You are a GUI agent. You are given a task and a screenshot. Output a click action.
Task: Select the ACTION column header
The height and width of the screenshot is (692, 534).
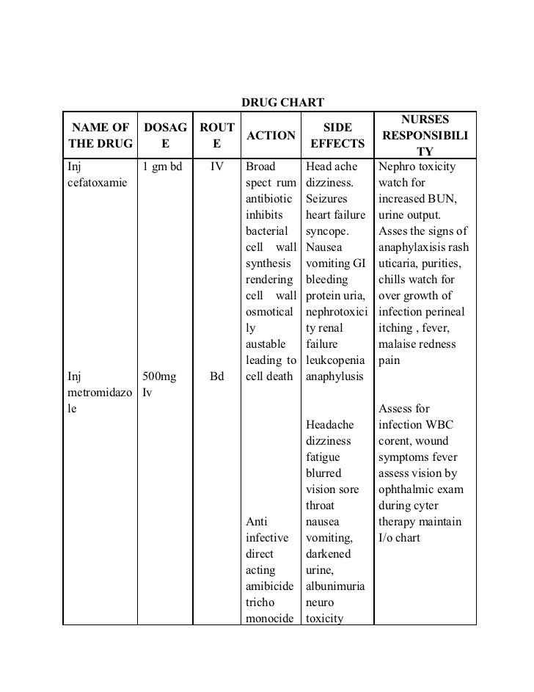pos(271,135)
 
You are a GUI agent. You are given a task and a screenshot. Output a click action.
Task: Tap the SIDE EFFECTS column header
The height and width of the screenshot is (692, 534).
pos(337,135)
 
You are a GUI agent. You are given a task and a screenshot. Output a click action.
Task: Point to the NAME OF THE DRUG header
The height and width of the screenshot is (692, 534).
pos(98,135)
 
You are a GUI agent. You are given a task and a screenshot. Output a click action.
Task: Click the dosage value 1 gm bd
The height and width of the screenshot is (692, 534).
pos(162,167)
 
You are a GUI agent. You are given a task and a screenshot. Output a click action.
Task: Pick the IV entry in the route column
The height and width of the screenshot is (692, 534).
pos(217,167)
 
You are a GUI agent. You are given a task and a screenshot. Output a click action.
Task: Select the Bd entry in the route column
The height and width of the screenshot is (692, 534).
pos(217,376)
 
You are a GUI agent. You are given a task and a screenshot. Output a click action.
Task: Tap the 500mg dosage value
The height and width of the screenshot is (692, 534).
pos(159,376)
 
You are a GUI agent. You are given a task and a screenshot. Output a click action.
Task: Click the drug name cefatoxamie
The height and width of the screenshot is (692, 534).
pos(95,183)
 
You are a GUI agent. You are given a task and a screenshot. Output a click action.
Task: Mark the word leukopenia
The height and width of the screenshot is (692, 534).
pos(335,360)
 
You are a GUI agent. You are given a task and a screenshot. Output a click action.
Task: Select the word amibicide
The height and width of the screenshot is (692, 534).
pos(271,586)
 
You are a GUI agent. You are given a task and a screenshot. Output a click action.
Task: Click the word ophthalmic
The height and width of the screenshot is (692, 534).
pos(410,489)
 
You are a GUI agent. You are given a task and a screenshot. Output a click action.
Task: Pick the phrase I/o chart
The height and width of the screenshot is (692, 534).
pos(399,538)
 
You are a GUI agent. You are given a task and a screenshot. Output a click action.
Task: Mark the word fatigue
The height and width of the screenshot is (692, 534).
pos(323,457)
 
